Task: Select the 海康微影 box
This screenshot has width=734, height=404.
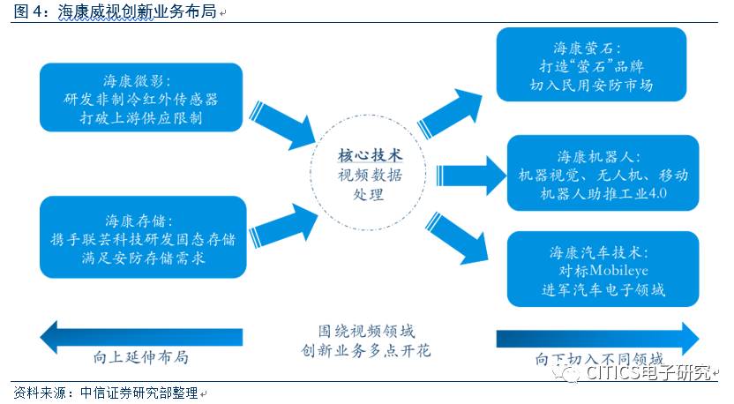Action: click(141, 97)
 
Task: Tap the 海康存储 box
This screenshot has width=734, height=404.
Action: click(141, 236)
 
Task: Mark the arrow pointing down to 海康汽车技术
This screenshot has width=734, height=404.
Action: click(457, 237)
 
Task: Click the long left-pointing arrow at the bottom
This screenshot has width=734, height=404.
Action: click(141, 336)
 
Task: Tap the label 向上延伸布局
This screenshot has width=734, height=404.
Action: click(141, 357)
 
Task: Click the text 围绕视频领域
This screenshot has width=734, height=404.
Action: click(367, 331)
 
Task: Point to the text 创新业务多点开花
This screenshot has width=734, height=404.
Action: click(367, 351)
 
